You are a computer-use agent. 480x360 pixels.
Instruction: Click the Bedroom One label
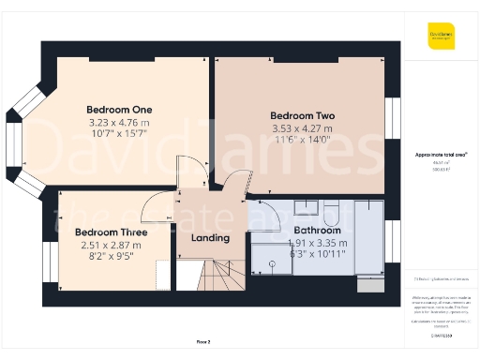(118, 108)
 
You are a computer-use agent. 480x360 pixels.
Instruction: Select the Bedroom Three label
(109, 232)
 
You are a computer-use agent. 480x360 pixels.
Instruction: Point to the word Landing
(210, 237)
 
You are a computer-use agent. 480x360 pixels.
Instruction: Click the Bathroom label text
(316, 230)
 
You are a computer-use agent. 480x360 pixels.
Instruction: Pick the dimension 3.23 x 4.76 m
(118, 122)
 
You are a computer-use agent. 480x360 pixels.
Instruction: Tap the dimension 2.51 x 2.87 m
(109, 246)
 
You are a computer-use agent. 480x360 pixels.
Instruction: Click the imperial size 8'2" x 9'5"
(109, 258)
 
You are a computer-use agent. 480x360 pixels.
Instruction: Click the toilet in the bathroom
(305, 208)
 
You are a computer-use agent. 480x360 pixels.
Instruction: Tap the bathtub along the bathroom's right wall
(371, 234)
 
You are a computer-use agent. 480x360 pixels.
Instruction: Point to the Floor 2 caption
(203, 341)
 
